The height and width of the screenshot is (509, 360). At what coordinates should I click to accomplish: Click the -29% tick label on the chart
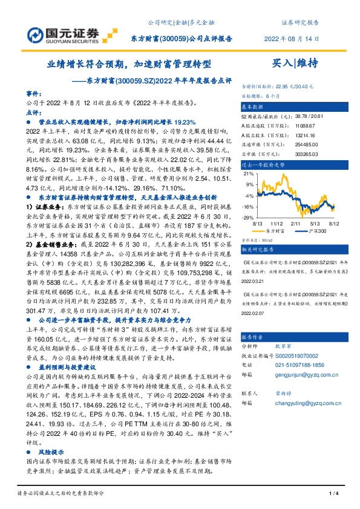pyautogui.click(x=249, y=217)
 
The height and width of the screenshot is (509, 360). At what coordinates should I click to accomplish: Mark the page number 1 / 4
pyautogui.click(x=332, y=495)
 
